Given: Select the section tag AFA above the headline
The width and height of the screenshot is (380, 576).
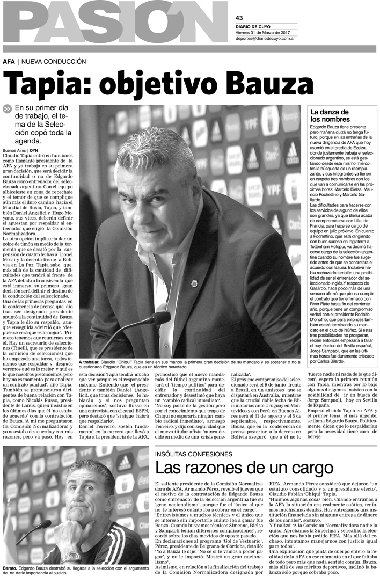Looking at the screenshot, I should pos(9,62).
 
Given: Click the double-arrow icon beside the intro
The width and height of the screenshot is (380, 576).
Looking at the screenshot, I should pos(7,108).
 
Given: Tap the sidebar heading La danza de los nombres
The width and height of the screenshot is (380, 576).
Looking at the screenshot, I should pos(330,115).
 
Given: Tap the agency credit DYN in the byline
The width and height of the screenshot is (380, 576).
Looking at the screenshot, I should pos(34,151).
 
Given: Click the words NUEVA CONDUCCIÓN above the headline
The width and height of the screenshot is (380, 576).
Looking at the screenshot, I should pos(47,62).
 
